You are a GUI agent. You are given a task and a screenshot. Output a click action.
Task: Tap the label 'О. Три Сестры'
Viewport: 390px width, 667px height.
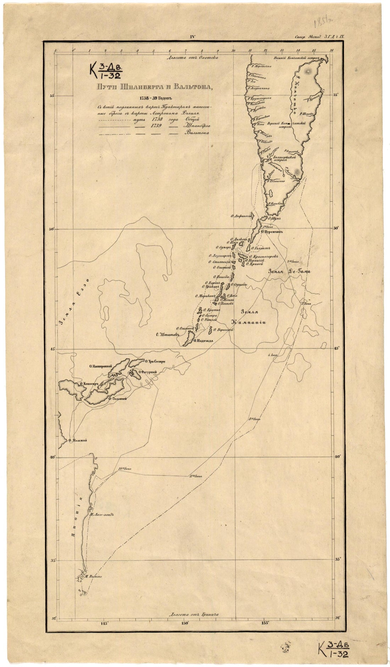click(156, 362)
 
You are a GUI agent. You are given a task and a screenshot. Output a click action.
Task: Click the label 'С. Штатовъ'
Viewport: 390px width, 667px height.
click(169, 334)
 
